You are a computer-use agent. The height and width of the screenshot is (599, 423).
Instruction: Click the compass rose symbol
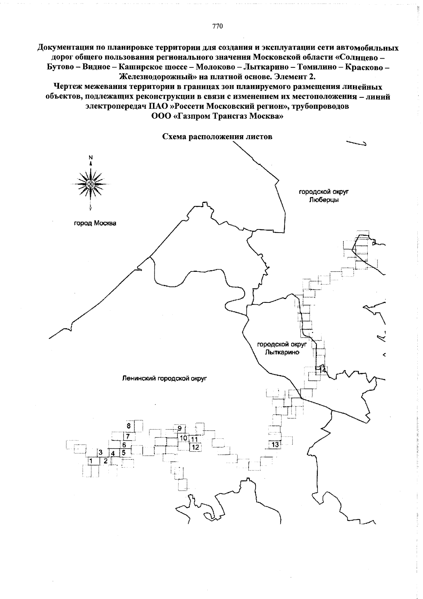[x=91, y=183]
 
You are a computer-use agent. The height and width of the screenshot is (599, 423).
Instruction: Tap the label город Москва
[x=95, y=223]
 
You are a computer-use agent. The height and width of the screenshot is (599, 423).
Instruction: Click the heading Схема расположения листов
[x=217, y=137]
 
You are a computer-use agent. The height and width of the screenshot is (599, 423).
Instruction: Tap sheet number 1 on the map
[x=91, y=461]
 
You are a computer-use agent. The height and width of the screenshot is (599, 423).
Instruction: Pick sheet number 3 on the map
[x=100, y=452]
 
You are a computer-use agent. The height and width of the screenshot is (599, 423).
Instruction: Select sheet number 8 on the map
[x=129, y=426]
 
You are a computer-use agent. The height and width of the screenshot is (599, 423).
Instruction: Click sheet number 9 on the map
[x=179, y=429]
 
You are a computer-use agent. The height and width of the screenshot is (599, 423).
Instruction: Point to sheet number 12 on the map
[x=196, y=447]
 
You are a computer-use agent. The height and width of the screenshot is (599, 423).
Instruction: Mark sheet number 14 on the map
[x=322, y=369]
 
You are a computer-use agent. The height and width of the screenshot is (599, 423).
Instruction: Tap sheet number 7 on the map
[x=128, y=437]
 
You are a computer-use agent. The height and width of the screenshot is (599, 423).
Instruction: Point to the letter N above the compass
[x=91, y=157]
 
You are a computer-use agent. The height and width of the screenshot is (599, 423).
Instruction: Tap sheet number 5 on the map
[x=124, y=452]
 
